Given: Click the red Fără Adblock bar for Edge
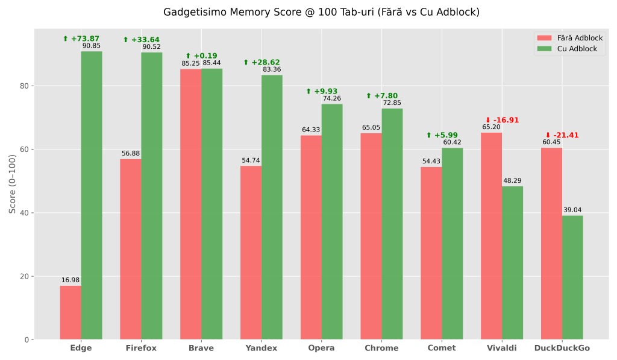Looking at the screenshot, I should (70, 312).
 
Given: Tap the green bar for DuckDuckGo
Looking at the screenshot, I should (572, 277).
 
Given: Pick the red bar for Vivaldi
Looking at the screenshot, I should (491, 236).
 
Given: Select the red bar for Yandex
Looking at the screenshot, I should (251, 253).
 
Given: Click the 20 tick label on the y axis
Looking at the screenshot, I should (24, 276).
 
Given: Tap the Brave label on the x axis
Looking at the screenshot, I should (201, 348).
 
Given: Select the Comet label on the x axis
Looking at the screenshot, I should (442, 348).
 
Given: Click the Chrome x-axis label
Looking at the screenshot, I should (381, 348).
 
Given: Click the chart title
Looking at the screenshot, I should (321, 12).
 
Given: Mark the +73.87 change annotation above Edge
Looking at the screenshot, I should (81, 39).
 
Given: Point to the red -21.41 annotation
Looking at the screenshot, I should (562, 135).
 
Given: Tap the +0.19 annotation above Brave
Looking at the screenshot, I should (201, 56).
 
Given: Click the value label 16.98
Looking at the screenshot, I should (70, 280).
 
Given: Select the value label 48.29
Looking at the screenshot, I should (512, 180).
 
